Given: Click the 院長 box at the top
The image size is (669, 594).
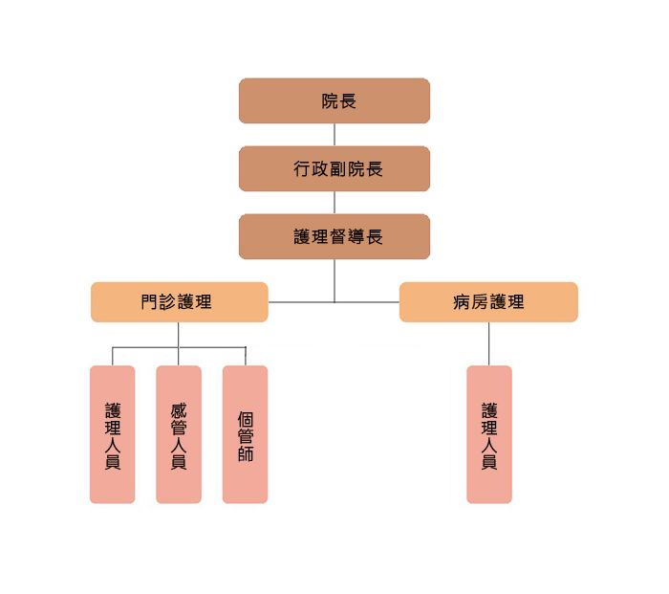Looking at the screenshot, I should click(x=334, y=100).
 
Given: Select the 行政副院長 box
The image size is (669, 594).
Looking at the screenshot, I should click(x=334, y=168).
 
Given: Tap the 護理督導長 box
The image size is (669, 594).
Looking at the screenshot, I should click(x=334, y=236).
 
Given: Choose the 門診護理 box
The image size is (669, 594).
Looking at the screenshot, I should click(x=179, y=302).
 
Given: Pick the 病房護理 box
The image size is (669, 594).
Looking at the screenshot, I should click(x=488, y=302).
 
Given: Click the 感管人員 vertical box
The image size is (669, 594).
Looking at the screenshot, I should click(x=179, y=434).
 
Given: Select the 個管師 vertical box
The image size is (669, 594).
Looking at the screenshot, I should click(x=245, y=434).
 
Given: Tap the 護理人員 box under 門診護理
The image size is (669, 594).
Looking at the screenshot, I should click(x=113, y=434).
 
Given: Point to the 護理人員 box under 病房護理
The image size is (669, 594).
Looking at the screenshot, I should click(x=488, y=434).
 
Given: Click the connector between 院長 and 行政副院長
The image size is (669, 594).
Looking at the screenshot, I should click(x=334, y=134).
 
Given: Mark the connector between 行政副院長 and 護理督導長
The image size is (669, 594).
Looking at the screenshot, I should click(x=334, y=202).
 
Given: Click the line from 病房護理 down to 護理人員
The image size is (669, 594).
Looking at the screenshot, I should click(x=488, y=343).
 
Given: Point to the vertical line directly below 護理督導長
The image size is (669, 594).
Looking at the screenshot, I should click(x=334, y=279).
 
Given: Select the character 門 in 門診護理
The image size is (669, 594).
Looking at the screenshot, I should click(x=149, y=302).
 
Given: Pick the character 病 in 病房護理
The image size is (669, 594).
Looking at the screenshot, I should click(x=462, y=302).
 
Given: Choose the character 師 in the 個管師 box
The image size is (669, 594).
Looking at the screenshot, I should click(x=245, y=453).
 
